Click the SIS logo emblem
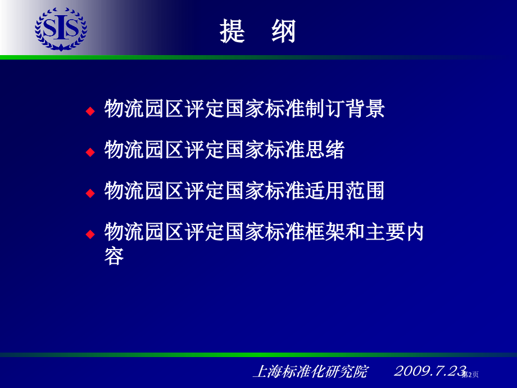61,29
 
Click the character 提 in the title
232,31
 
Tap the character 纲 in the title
284,31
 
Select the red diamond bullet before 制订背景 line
90,111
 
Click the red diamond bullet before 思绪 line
90,152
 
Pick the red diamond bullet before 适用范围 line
90,193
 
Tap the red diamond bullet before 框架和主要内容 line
90,234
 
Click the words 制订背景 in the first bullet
344,109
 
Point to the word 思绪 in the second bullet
324,150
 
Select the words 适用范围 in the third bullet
344,191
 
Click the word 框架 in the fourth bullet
324,232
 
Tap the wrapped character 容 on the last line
114,256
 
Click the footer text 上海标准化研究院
311,372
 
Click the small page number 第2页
470,375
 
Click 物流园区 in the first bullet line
144,109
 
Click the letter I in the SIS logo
61,28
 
